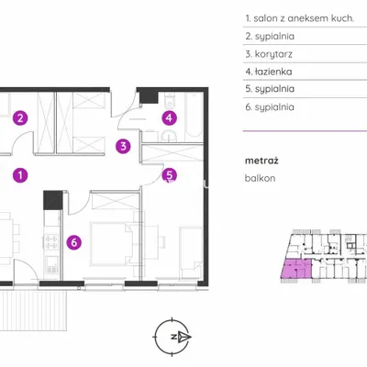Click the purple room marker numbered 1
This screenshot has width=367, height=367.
[20, 175]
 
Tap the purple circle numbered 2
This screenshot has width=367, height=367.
[20, 117]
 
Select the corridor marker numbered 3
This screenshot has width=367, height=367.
[123, 146]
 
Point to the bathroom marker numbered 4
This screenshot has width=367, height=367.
[170, 117]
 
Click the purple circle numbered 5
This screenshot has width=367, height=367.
[170, 175]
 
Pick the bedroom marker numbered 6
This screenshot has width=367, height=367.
[74, 242]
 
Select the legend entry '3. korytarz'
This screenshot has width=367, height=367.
[269, 54]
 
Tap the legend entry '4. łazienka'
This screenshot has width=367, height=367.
[269, 72]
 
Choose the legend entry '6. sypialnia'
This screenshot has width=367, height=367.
[270, 107]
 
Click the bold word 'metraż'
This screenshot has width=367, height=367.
[261, 161]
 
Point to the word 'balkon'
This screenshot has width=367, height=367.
[260, 178]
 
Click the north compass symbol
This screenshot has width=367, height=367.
[172, 337]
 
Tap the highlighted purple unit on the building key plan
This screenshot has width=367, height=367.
[295, 269]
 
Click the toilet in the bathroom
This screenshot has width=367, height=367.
[169, 101]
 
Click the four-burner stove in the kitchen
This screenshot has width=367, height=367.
[51, 241]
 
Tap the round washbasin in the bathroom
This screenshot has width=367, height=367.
[169, 137]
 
